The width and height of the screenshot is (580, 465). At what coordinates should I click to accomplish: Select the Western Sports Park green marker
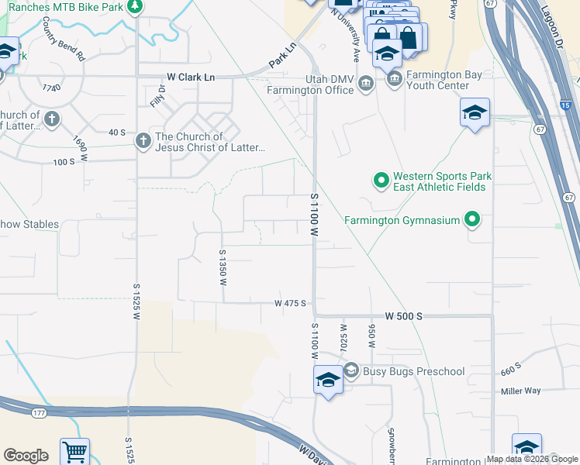381,181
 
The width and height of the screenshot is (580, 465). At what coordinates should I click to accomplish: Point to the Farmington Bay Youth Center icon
395,79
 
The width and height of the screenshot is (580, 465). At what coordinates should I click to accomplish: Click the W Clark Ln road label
191,77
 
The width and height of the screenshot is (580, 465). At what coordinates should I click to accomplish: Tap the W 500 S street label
403,317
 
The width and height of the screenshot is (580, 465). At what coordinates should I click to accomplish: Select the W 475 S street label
290,303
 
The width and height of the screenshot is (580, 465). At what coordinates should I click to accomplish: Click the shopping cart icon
74,452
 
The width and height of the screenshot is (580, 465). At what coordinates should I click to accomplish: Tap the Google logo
26,456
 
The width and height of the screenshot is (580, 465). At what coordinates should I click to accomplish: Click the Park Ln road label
283,53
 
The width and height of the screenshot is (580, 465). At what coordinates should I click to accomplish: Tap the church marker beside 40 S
143,140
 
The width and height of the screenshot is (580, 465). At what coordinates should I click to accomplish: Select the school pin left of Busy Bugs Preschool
328,381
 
